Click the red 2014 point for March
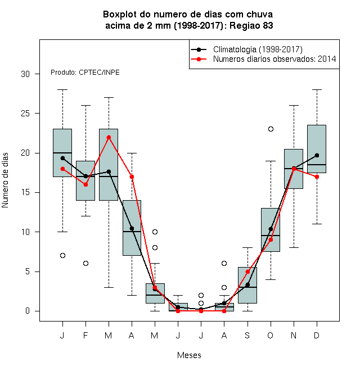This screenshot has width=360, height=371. click(109, 137)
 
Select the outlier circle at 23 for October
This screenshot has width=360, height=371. click(271, 129)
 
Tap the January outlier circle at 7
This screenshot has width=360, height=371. click(62, 256)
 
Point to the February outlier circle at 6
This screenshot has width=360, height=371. click(85, 263)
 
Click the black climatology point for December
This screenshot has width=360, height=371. click(317, 155)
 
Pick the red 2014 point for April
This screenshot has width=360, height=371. click(132, 177)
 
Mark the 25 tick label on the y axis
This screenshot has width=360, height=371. click(25, 114)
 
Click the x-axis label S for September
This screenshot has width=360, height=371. click(247, 335)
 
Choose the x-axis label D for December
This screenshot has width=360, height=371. click(317, 335)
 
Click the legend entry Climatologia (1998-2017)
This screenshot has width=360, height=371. click(246, 49)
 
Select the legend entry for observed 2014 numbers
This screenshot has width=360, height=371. click(263, 59)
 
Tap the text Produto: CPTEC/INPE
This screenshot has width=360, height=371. click(85, 73)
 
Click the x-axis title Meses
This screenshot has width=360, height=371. click(189, 355)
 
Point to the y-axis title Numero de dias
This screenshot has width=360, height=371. click(5, 180)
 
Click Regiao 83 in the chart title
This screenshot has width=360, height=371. click(251, 25)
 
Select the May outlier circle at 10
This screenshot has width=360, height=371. click(155, 232)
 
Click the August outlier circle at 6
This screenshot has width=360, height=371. click(224, 263)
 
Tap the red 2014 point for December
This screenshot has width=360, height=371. click(317, 177)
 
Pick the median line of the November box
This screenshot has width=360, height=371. click(294, 169)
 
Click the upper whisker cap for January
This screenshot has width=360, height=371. click(62, 90)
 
